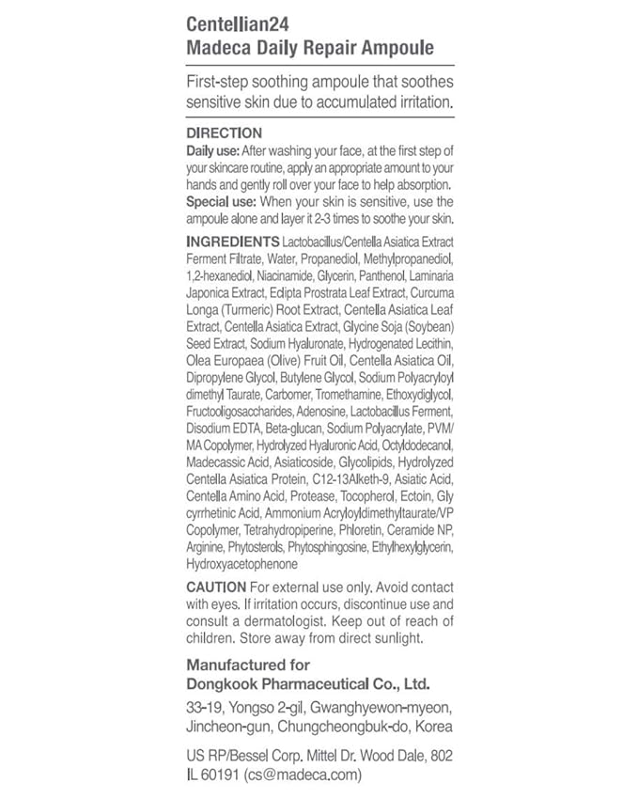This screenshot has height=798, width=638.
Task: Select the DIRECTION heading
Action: (x=224, y=133)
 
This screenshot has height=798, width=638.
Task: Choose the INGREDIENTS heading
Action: (x=233, y=241)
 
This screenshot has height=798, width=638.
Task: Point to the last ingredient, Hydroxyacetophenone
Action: (x=241, y=564)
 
